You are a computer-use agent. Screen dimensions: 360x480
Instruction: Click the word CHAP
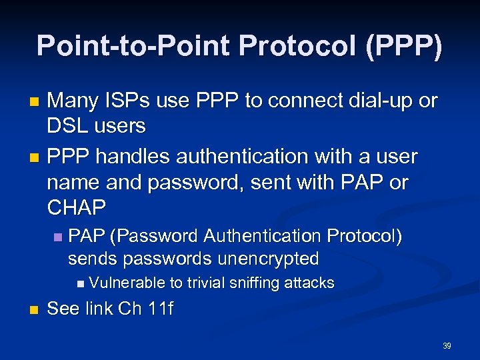click(x=77, y=207)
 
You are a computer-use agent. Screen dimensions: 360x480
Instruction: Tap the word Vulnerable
click(x=127, y=283)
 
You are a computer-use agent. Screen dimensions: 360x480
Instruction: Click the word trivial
click(x=205, y=283)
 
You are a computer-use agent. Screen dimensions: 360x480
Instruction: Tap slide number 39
click(x=447, y=346)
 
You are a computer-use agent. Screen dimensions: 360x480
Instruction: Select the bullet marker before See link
click(x=35, y=311)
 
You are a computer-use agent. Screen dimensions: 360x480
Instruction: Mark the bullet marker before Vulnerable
click(x=81, y=283)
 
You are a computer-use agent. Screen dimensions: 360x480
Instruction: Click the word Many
click(x=73, y=101)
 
